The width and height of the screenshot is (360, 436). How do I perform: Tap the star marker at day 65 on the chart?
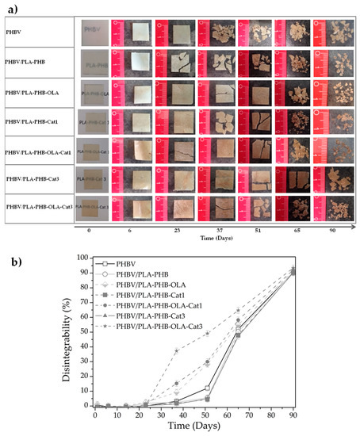point(259,309)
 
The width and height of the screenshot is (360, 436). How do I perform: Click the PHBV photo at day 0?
point(94,34)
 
